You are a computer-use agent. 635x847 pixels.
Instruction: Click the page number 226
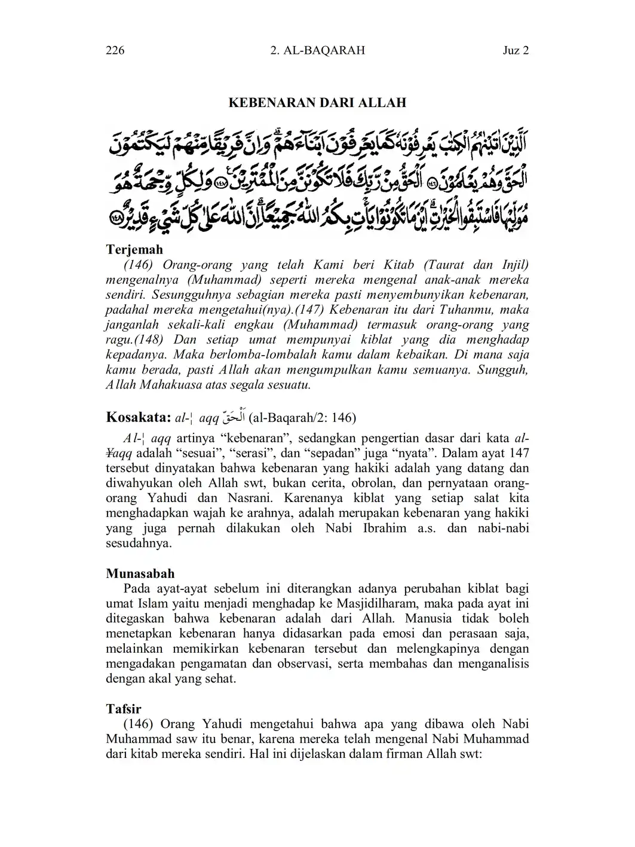tap(115, 50)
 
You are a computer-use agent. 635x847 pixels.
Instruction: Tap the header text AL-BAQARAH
tap(325, 50)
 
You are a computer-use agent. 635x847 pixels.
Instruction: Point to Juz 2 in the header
tap(516, 50)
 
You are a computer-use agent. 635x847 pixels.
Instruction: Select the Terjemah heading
tap(134, 249)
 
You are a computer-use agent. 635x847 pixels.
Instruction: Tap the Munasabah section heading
tap(140, 574)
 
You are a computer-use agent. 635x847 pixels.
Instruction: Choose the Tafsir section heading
tap(124, 709)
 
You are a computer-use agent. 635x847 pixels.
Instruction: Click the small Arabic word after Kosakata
tap(234, 417)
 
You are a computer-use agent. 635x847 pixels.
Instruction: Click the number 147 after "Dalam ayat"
tap(518, 453)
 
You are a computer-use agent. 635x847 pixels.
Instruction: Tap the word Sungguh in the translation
tap(506, 369)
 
